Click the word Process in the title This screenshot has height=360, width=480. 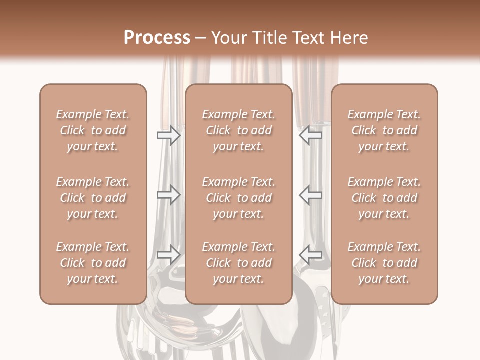[157, 38]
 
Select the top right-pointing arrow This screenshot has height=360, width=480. [168, 135]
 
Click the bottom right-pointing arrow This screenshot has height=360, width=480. [168, 254]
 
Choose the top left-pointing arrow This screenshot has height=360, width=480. [311, 135]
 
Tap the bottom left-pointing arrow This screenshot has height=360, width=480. [311, 254]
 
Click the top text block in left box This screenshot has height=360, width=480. [93, 130]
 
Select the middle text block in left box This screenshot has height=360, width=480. [93, 198]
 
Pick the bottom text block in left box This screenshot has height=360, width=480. [93, 263]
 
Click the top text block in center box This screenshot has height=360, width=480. [239, 130]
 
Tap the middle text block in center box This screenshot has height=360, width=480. [239, 198]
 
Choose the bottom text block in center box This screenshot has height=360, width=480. [239, 263]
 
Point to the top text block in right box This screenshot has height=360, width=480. [384, 130]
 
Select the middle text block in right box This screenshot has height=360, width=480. [384, 198]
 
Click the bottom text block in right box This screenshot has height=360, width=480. [384, 263]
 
